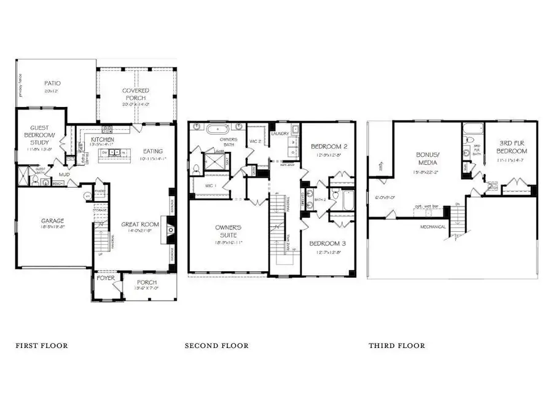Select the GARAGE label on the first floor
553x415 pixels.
tap(54, 221)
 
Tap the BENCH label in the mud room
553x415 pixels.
tap(57, 184)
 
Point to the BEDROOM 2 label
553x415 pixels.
tap(329, 147)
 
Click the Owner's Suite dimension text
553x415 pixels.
tap(227, 243)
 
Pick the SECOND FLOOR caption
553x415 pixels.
tap(217, 346)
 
